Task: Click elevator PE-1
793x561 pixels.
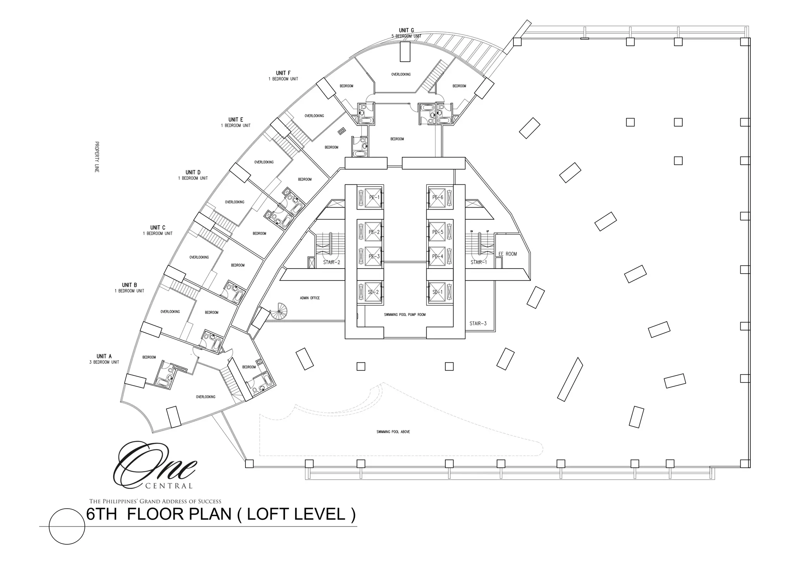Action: pyautogui.click(x=370, y=197)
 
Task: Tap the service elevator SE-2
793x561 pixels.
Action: pyautogui.click(x=370, y=292)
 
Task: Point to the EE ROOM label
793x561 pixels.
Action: pyautogui.click(x=508, y=254)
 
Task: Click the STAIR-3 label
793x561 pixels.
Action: pyautogui.click(x=478, y=323)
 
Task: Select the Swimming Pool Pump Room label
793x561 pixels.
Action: pyautogui.click(x=405, y=315)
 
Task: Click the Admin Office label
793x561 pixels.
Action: pyautogui.click(x=310, y=298)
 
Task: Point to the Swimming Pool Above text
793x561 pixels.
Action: pyautogui.click(x=393, y=432)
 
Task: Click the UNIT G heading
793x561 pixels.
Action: pyautogui.click(x=407, y=30)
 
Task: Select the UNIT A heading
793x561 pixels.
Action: pyautogui.click(x=104, y=356)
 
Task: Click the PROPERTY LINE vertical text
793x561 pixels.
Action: pyautogui.click(x=97, y=157)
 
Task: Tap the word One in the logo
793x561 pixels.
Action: pyautogui.click(x=155, y=465)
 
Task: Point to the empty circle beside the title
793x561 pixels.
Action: pyautogui.click(x=67, y=527)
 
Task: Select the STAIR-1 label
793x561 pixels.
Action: pyautogui.click(x=479, y=262)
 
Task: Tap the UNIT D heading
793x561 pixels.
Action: pyautogui.click(x=193, y=172)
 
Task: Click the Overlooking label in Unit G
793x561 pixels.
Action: pyautogui.click(x=401, y=74)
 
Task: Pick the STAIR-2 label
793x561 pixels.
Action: pyautogui.click(x=331, y=262)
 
